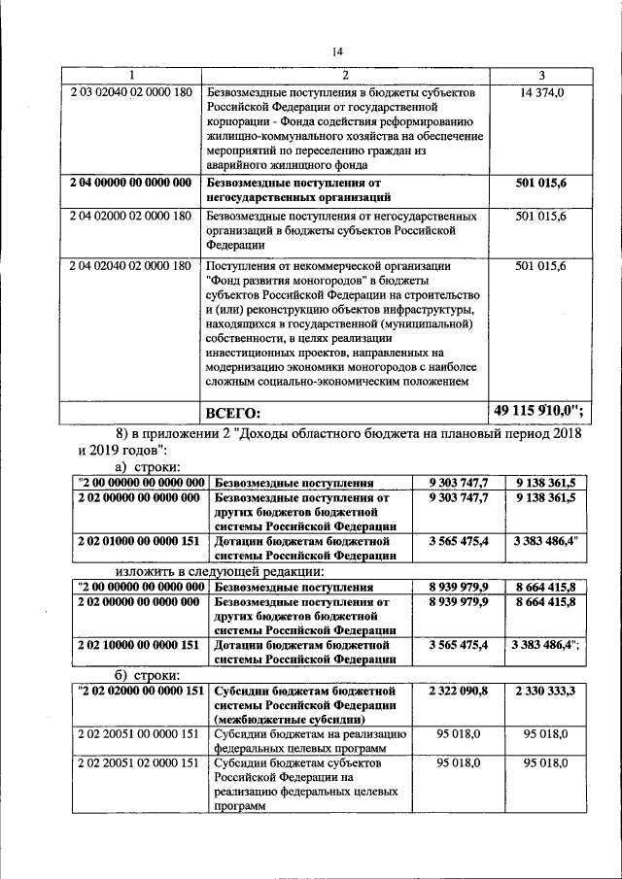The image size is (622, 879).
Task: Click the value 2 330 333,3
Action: point(545,691)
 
